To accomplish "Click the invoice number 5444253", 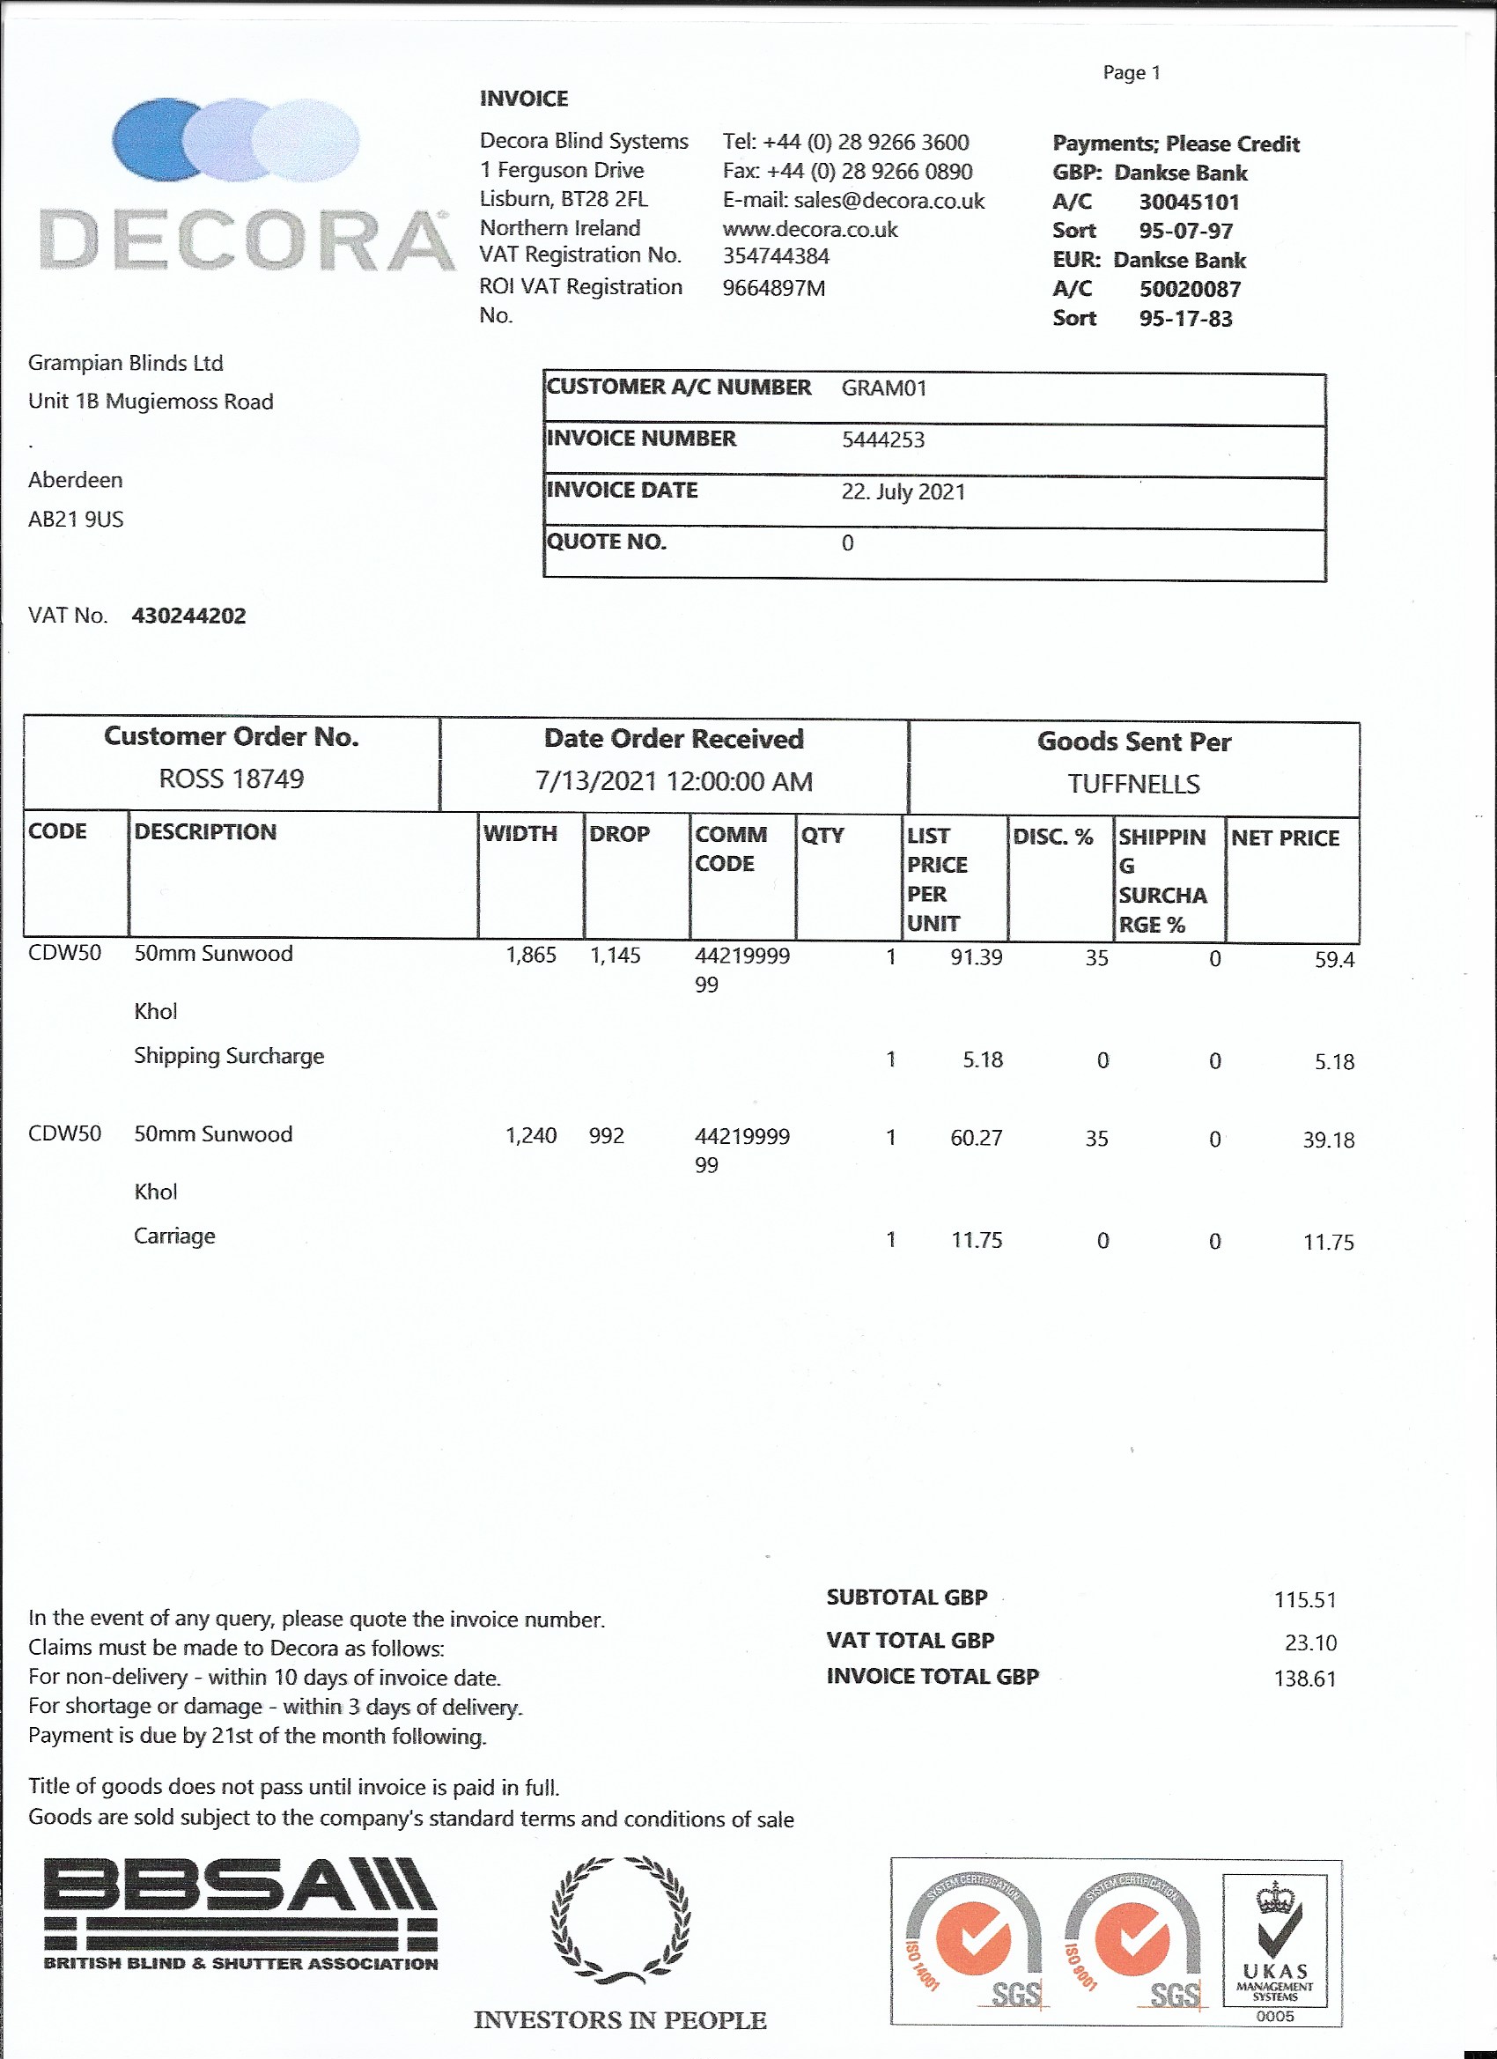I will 882,440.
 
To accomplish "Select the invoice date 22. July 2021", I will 903,492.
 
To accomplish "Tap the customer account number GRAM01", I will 883,388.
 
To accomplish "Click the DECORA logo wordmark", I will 246,240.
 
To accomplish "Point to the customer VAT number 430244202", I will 188,616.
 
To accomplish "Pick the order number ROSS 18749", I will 232,779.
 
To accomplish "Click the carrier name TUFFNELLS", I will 1133,785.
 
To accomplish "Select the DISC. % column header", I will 1052,837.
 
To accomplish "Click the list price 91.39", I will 976,958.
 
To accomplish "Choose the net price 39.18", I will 1328,1140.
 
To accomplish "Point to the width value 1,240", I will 531,1136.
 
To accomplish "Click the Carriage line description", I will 174,1236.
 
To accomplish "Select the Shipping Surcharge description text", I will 229,1057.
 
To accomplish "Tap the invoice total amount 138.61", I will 1304,1679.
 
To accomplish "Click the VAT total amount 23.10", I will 1310,1642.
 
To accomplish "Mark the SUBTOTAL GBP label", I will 906,1598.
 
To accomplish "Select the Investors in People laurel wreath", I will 620,1921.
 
